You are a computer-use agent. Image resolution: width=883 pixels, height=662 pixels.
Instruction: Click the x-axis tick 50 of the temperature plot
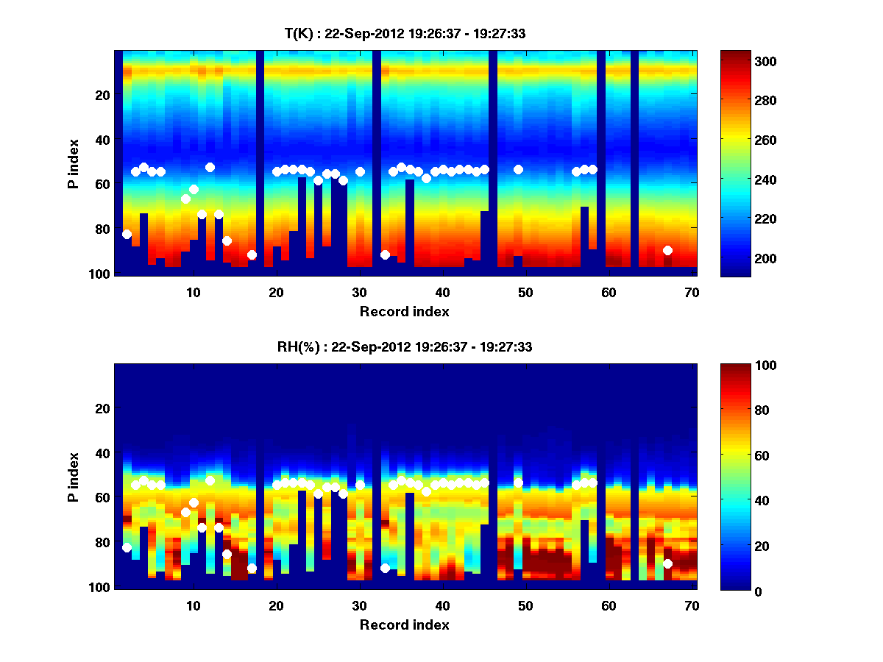(x=525, y=292)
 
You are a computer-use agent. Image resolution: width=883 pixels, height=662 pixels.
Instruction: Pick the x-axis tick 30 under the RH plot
(x=359, y=605)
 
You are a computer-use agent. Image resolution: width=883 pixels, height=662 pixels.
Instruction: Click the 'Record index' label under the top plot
(x=404, y=311)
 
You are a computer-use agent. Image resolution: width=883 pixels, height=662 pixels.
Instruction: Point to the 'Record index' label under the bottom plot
(x=404, y=624)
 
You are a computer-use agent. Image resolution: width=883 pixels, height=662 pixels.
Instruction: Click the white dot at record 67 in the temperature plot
(x=667, y=250)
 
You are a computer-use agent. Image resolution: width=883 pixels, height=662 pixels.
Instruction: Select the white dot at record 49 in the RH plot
(x=518, y=483)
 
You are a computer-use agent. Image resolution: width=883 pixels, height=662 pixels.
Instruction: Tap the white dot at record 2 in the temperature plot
(x=127, y=234)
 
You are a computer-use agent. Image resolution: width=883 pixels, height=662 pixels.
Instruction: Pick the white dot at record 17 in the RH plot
(x=252, y=568)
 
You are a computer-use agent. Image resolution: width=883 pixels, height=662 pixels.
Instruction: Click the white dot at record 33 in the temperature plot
(x=385, y=255)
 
